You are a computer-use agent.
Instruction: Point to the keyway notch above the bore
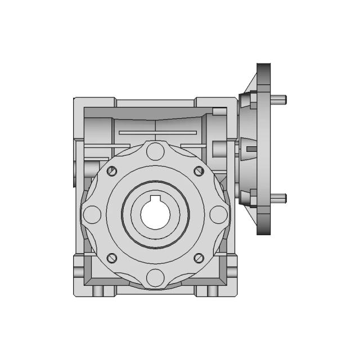click(155, 200)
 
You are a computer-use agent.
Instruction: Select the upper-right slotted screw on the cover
click(197, 171)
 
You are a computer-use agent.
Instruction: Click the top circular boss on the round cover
click(155, 152)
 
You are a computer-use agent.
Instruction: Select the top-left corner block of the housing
click(94, 107)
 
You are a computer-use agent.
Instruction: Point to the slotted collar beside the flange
click(249, 149)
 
